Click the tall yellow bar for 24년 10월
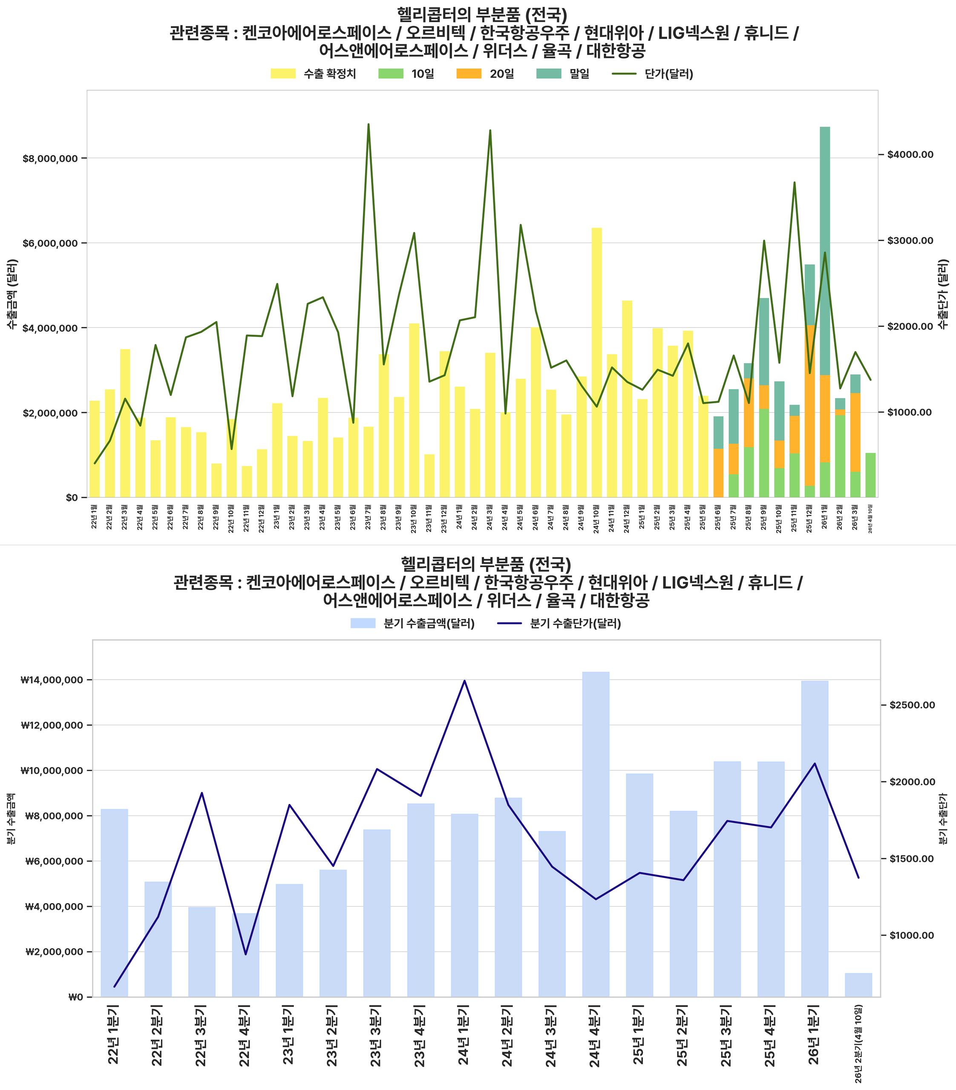596,363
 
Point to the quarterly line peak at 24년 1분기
464,681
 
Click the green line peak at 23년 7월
368,125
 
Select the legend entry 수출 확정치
313,74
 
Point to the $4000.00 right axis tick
910,155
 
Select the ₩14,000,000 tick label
52,680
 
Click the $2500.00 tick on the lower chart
912,706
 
